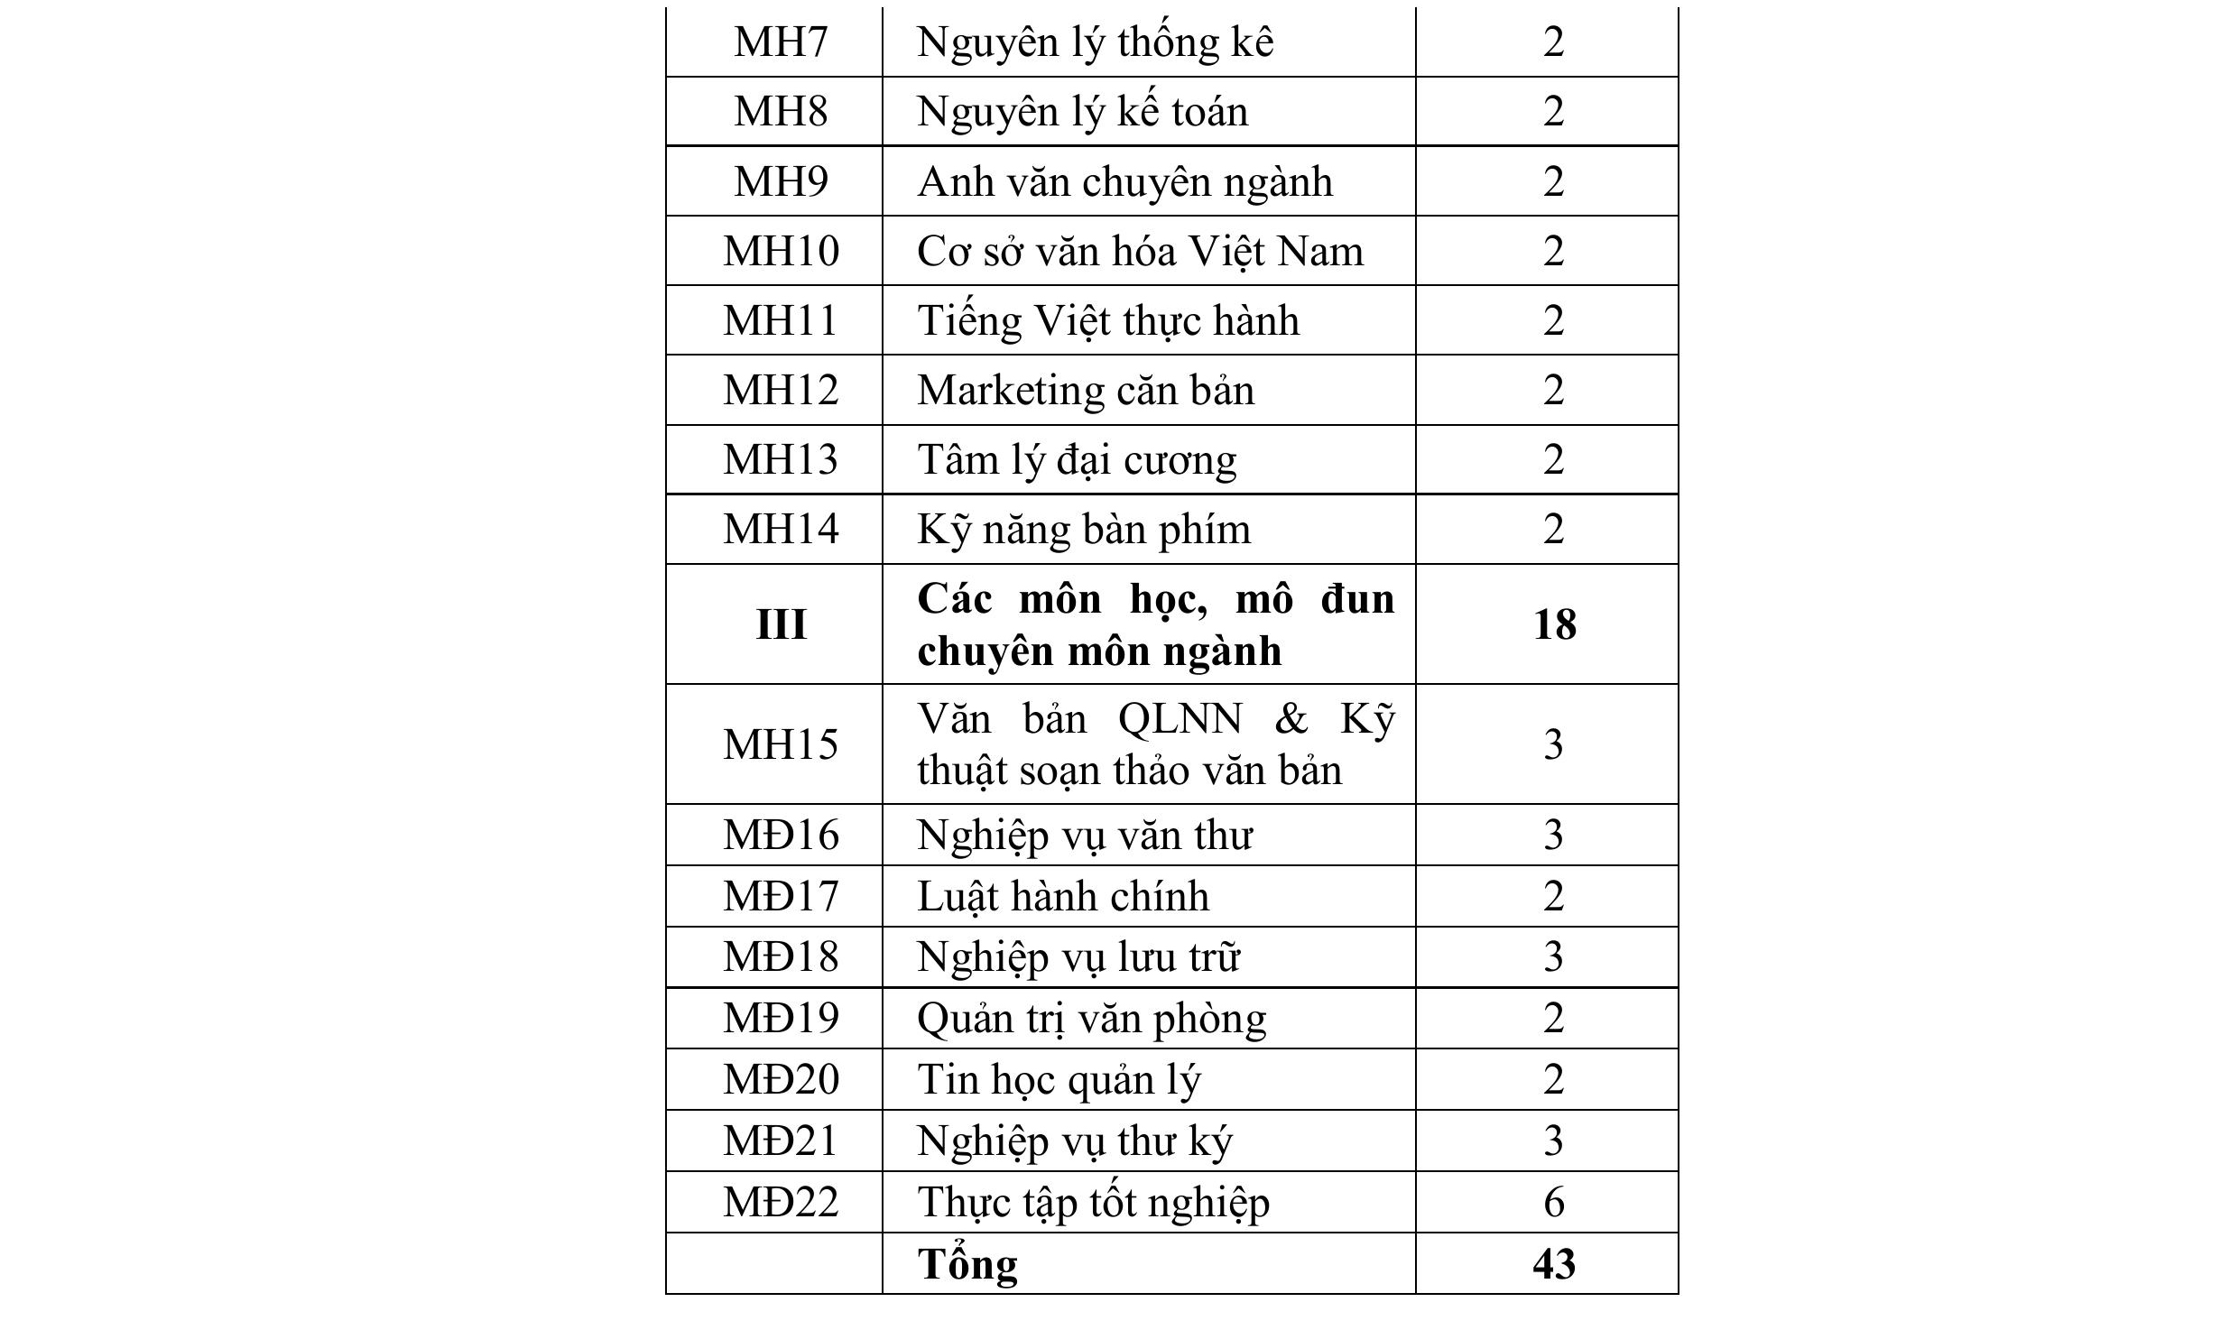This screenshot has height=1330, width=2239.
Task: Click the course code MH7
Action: [780, 42]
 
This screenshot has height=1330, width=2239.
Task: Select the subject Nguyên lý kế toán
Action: [1082, 112]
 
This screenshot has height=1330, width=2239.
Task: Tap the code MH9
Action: [780, 181]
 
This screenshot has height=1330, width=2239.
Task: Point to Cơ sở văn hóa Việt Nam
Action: [1140, 251]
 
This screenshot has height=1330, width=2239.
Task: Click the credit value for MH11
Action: [1552, 320]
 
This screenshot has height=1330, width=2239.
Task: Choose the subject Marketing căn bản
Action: [1086, 390]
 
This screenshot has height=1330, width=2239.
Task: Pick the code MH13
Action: [780, 459]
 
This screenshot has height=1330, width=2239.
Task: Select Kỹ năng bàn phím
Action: [1084, 529]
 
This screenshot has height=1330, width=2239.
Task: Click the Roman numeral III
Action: [780, 624]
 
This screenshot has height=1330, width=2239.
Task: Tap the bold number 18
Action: [1553, 624]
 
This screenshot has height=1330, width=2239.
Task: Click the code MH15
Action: [780, 744]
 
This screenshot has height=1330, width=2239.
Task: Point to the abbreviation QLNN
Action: [1179, 719]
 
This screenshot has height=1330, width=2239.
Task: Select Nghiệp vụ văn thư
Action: [1084, 835]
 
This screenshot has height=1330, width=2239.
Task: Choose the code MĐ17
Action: [780, 896]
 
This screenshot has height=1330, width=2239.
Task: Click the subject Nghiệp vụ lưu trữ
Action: [1078, 956]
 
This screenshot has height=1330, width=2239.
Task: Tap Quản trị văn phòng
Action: [1091, 1018]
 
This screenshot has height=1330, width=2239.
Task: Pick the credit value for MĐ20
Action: [1552, 1079]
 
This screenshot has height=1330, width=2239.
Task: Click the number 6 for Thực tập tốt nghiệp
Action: [1552, 1202]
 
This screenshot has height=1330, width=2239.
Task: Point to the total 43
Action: [1553, 1263]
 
